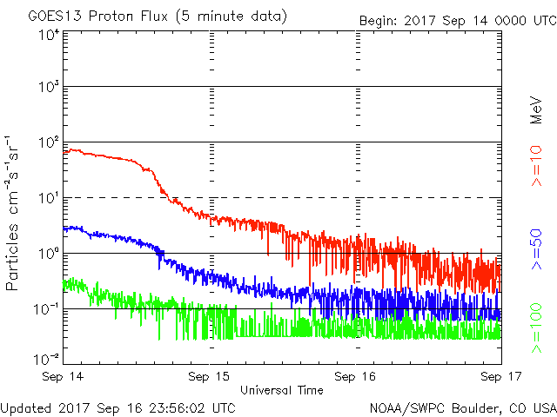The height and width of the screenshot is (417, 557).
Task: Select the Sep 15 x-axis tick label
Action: pyautogui.click(x=211, y=377)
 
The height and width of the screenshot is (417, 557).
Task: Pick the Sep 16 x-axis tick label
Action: pyautogui.click(x=356, y=377)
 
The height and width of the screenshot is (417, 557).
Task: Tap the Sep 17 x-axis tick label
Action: pyautogui.click(x=500, y=377)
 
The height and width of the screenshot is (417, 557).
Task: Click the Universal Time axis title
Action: pyautogui.click(x=282, y=390)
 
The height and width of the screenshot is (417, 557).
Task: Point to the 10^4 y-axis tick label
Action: pyautogui.click(x=49, y=35)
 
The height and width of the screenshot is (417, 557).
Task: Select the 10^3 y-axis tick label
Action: pyautogui.click(x=49, y=87)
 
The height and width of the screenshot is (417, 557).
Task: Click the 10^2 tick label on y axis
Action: pyautogui.click(x=49, y=142)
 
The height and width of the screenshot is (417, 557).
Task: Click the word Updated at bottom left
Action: pyautogui.click(x=27, y=407)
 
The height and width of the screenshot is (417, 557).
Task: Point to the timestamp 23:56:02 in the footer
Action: pyautogui.click(x=179, y=407)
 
